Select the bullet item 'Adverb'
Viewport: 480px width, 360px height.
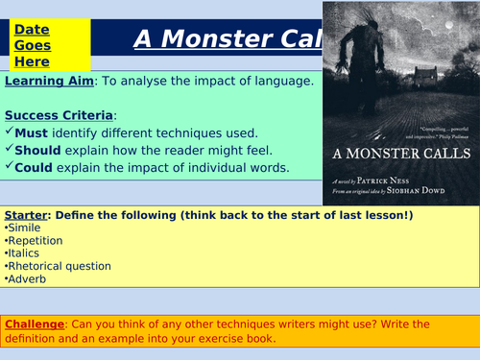28,279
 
